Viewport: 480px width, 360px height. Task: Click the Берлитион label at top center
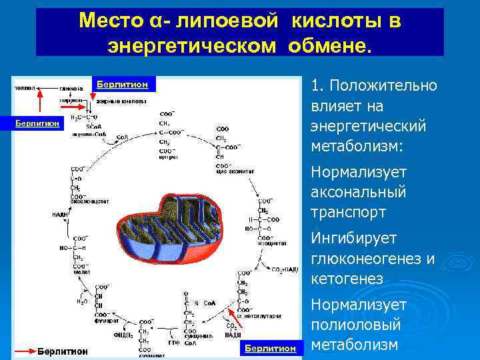(122, 85)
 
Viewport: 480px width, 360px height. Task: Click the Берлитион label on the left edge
(38, 123)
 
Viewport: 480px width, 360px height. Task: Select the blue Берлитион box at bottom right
(270, 348)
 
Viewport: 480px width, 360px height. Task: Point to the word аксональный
(358, 192)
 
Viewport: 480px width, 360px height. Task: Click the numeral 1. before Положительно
(317, 86)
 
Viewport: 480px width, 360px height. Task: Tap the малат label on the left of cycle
(81, 272)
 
